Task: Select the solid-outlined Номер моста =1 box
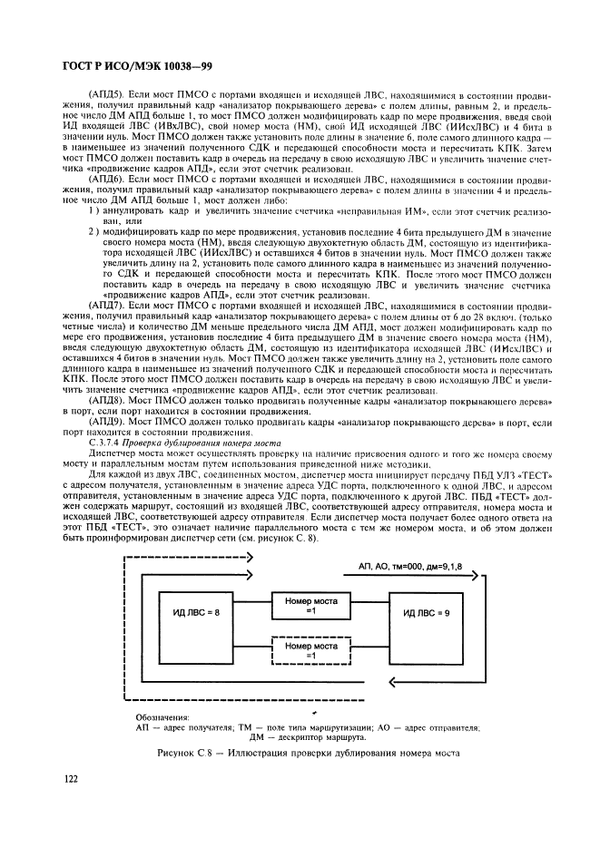tap(310, 604)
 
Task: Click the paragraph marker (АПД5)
tap(106, 93)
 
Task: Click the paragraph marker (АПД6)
tap(106, 180)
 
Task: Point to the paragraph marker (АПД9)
tap(106, 423)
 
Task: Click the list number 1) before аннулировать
tap(93, 209)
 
